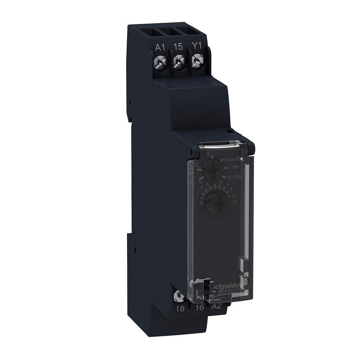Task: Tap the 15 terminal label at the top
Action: pyautogui.click(x=178, y=47)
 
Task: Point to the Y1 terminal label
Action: pyautogui.click(x=196, y=47)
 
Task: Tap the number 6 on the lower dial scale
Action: pyautogui.click(x=221, y=182)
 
